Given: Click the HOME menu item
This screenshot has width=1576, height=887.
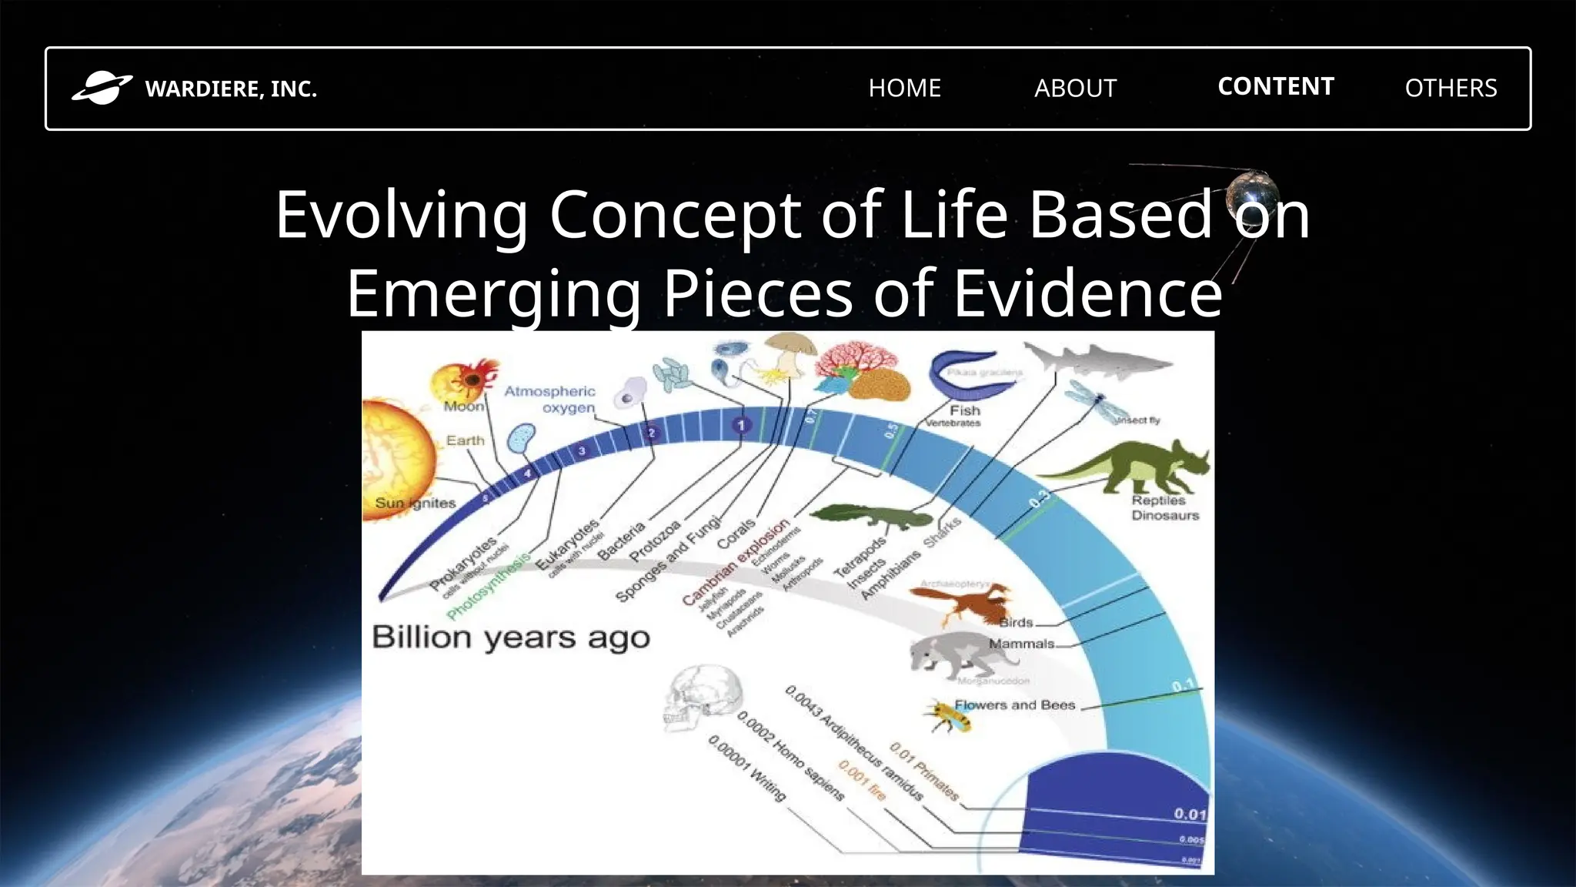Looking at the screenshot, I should tap(904, 88).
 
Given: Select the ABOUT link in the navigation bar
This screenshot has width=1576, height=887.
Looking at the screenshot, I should tap(1075, 88).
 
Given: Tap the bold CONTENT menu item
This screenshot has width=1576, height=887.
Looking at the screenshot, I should tap(1275, 86).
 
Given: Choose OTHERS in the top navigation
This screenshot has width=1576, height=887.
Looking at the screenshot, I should tap(1451, 88).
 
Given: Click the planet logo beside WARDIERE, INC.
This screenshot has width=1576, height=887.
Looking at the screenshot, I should tap(102, 88).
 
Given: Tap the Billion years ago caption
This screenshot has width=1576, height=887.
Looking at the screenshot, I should tap(511, 638).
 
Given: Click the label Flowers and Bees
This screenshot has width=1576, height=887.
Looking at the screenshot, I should tap(1014, 705).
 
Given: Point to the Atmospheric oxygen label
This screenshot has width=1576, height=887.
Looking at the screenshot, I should tap(550, 400).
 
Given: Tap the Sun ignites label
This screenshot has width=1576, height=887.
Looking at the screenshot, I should tap(416, 504).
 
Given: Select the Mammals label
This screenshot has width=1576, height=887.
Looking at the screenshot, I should tap(1021, 644).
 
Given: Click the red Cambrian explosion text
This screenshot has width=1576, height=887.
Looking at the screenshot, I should tap(735, 563).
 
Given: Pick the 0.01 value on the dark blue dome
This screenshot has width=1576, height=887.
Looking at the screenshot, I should tap(1189, 814).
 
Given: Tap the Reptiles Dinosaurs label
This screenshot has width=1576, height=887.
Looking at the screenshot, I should tap(1164, 508).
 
